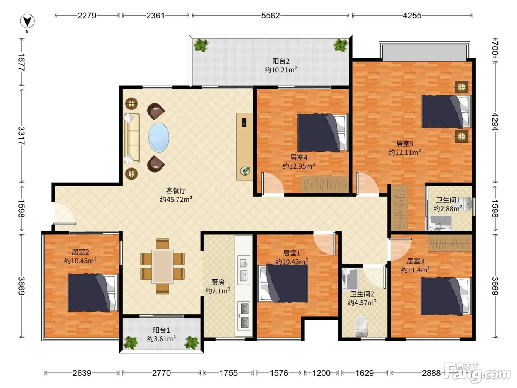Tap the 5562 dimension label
click(270, 16)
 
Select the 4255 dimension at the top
click(412, 16)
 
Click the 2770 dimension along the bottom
click(161, 373)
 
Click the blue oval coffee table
click(159, 137)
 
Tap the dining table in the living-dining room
click(162, 266)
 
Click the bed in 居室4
click(323, 133)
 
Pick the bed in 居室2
click(93, 293)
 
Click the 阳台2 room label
click(281, 61)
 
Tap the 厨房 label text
click(218, 282)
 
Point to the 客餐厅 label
click(176, 190)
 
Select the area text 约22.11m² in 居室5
click(405, 152)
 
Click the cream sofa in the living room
click(132, 138)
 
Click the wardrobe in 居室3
click(450, 243)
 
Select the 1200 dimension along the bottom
click(321, 373)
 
